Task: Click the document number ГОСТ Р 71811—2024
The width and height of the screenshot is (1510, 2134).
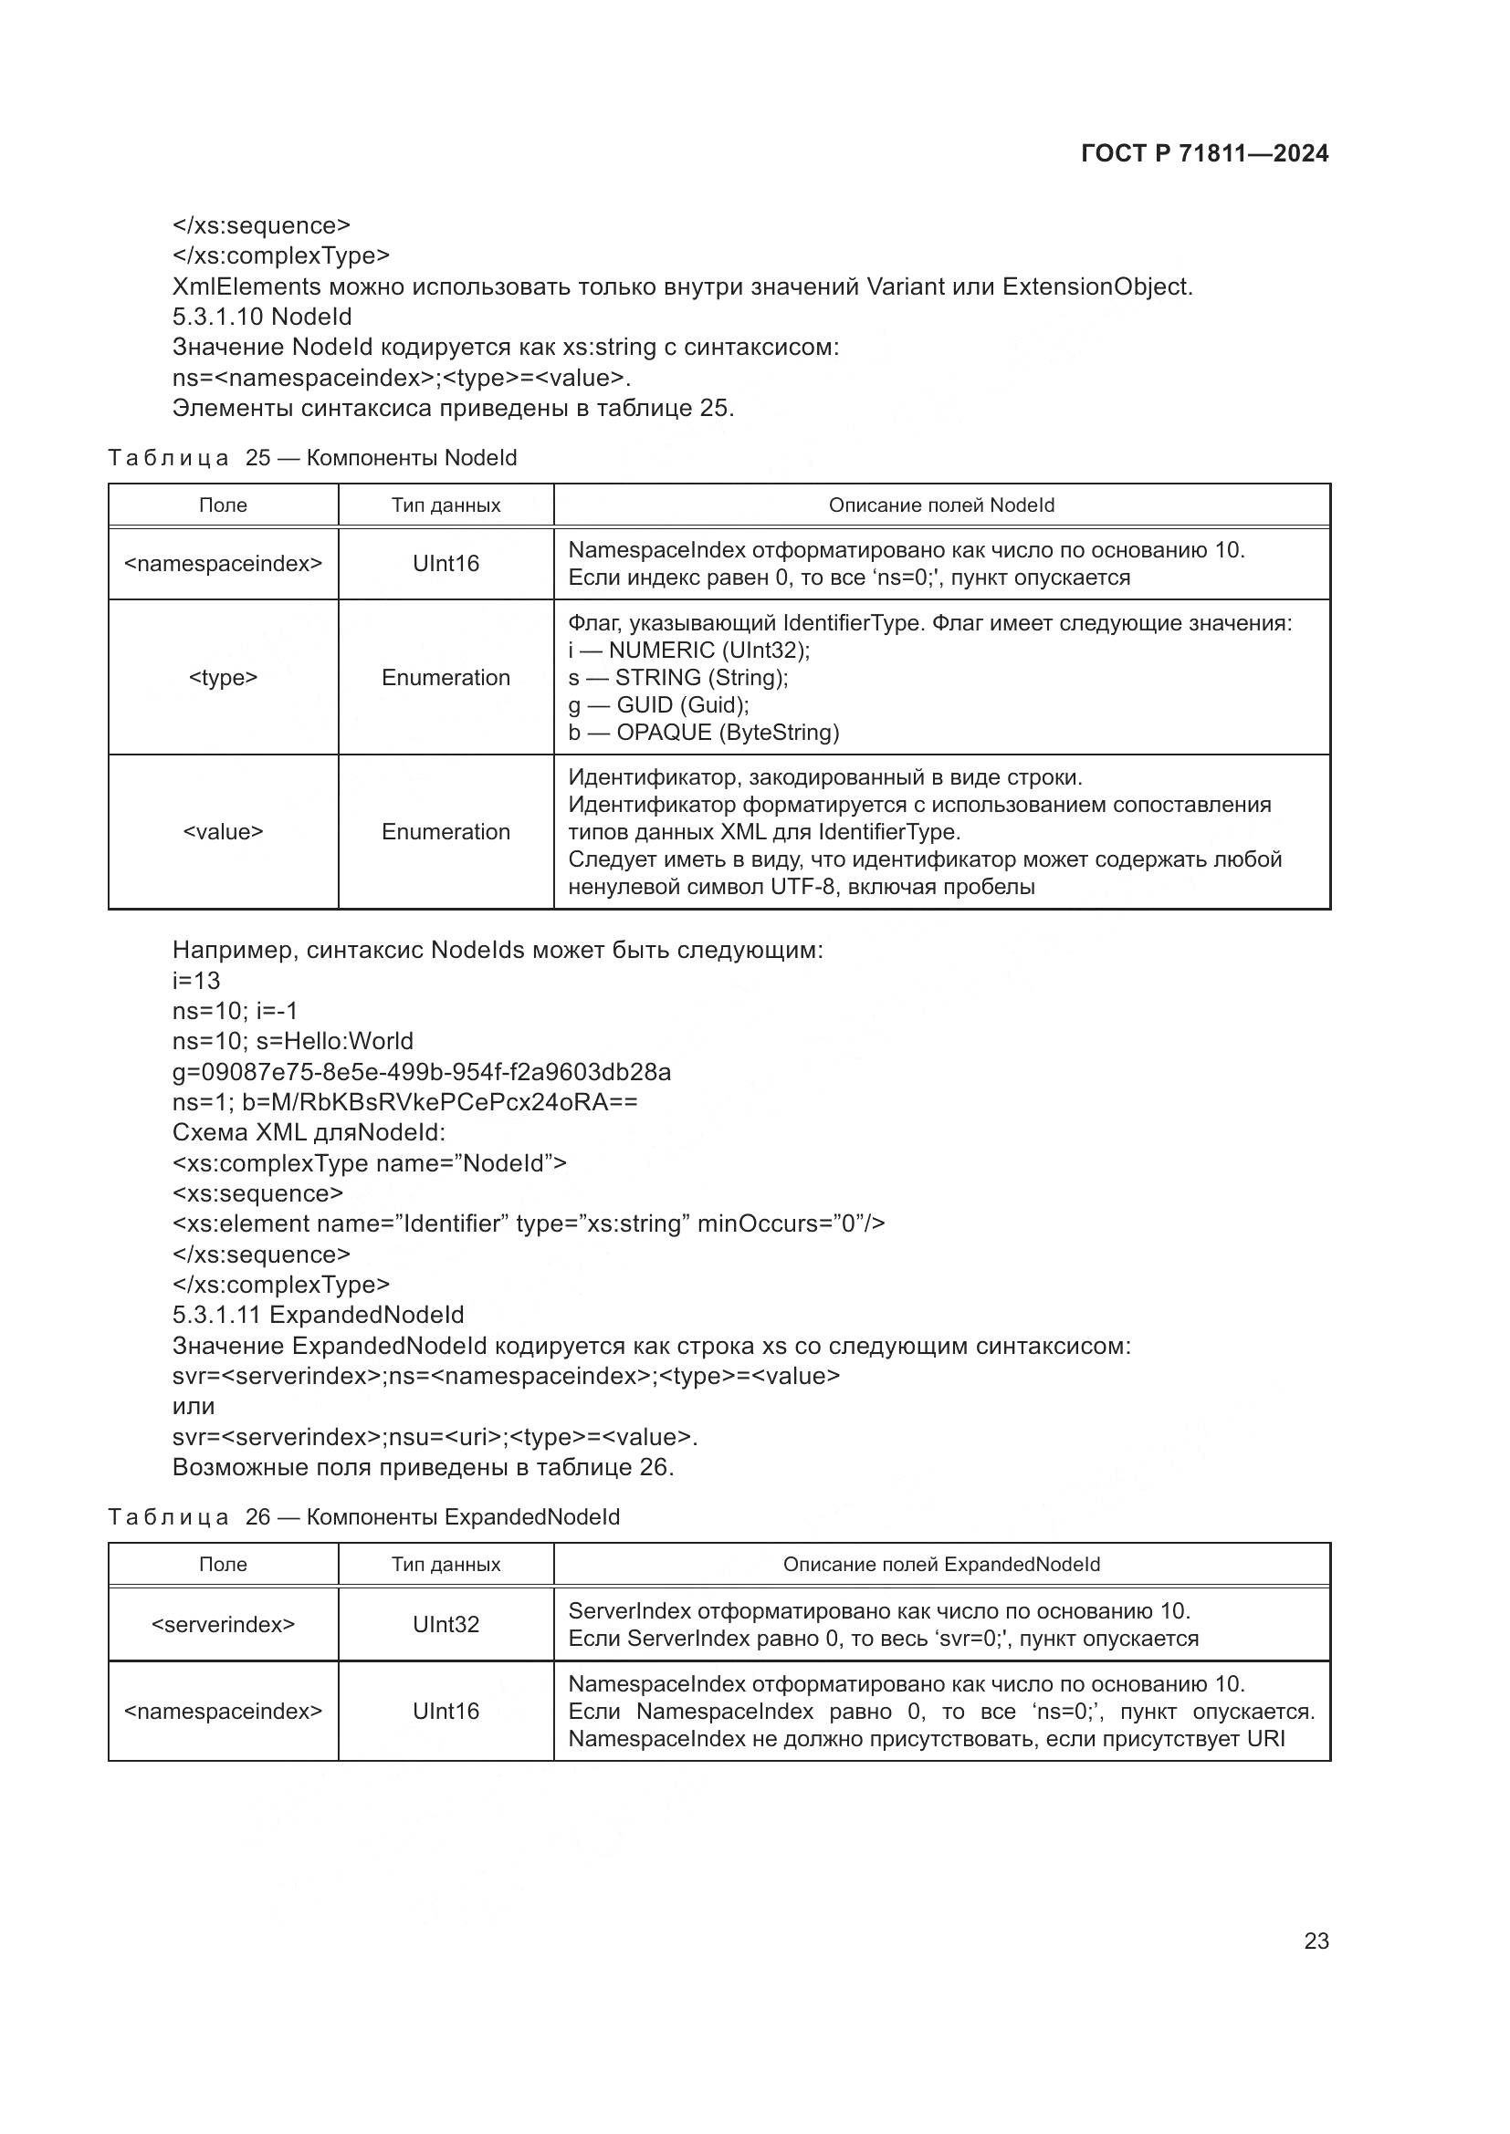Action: (1204, 153)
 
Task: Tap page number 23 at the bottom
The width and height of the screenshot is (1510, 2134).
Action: (1316, 1941)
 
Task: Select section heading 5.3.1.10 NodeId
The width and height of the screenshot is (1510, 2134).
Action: (262, 317)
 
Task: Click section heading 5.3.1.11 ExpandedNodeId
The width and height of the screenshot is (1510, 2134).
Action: (318, 1316)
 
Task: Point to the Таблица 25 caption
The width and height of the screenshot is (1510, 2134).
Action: (312, 458)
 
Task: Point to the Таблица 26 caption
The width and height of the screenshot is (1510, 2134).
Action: (363, 1517)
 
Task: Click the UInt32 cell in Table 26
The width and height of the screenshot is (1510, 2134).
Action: (446, 1624)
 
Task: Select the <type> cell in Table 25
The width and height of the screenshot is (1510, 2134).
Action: (223, 678)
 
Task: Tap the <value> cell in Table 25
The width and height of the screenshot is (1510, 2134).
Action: (223, 832)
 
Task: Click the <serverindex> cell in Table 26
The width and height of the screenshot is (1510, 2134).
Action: (223, 1624)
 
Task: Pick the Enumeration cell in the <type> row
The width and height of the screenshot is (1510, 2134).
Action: (446, 678)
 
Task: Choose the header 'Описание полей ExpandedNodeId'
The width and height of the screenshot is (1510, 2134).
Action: (941, 1565)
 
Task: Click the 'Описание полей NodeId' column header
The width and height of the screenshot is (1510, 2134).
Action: (941, 505)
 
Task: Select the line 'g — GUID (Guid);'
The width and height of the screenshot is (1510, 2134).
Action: (658, 704)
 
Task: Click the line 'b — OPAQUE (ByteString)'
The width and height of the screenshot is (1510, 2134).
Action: (703, 733)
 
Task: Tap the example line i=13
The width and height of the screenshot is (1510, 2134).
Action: (196, 981)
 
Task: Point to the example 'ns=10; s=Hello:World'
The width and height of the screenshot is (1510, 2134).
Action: (293, 1041)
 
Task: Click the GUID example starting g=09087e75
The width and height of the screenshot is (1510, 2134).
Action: (421, 1072)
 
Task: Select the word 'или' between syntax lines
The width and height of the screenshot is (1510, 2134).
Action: (194, 1406)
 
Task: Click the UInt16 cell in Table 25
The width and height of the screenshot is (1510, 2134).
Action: (446, 563)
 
